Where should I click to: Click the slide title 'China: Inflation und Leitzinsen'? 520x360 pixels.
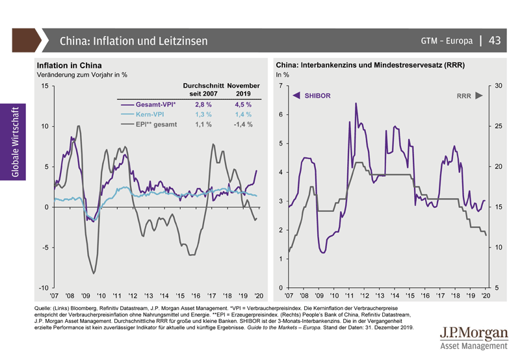(x=134, y=41)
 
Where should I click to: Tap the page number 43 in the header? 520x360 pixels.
(x=495, y=40)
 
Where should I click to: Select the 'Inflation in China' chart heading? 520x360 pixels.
(x=70, y=66)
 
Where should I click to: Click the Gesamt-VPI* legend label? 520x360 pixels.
(x=157, y=104)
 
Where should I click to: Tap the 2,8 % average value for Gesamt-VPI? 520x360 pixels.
(x=203, y=104)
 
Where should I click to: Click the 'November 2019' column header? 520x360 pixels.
(x=243, y=90)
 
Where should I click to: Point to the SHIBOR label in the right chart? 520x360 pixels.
(x=318, y=96)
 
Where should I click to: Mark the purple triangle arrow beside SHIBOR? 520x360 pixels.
(x=296, y=96)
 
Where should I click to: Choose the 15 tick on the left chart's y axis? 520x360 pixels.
(x=44, y=86)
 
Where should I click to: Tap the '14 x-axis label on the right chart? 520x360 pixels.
(x=395, y=296)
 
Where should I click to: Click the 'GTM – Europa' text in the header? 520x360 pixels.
(x=447, y=41)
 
